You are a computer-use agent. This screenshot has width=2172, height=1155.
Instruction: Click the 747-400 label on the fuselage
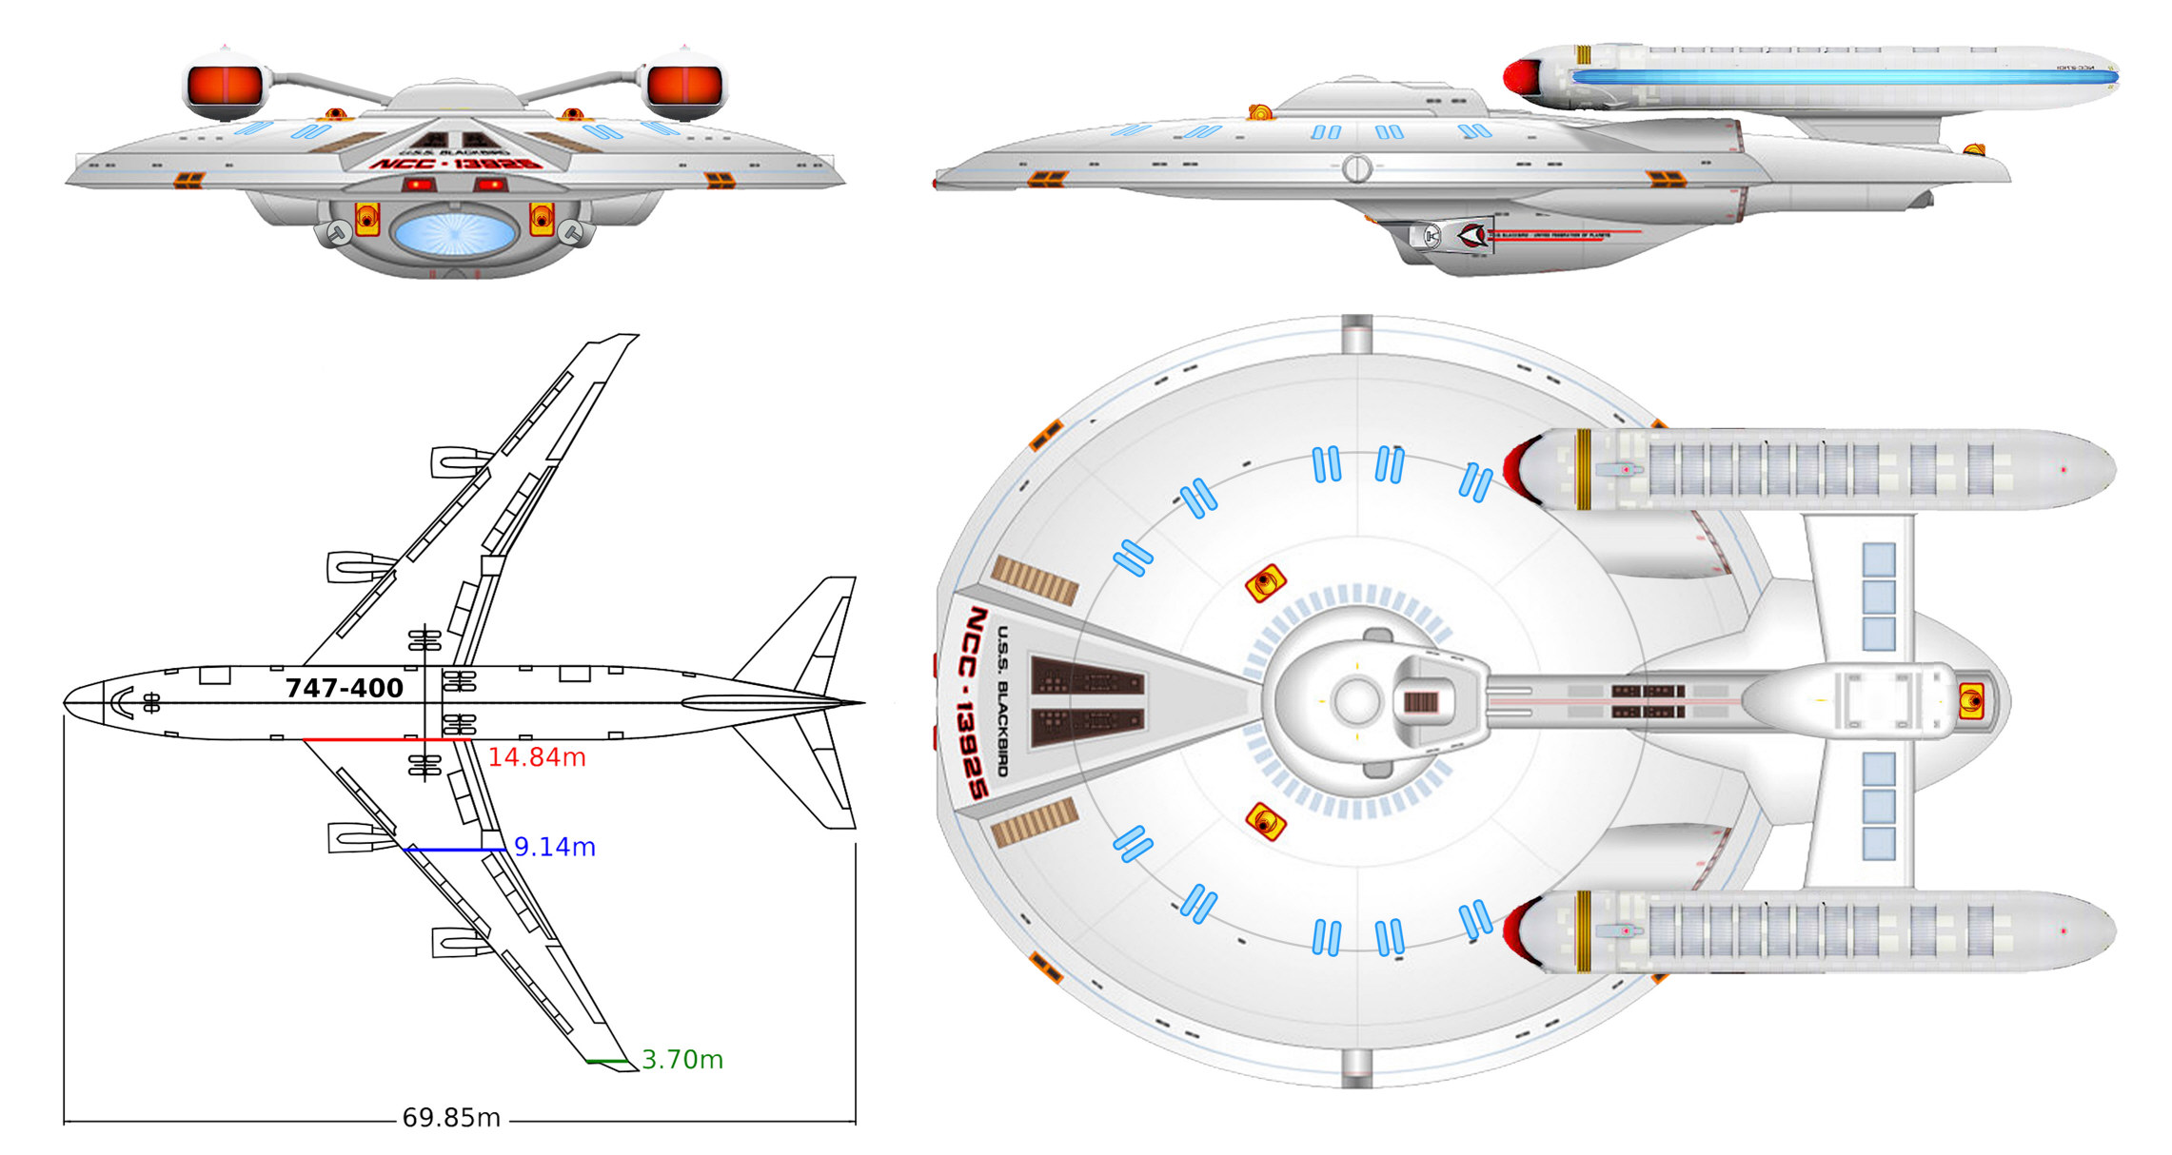point(344,688)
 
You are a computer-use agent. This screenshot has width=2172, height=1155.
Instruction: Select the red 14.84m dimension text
point(537,757)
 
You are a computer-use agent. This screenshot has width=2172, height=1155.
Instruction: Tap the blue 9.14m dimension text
point(554,847)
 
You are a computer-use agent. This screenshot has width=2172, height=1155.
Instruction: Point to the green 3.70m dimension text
point(681,1059)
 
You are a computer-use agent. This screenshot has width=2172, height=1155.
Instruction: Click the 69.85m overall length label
point(451,1118)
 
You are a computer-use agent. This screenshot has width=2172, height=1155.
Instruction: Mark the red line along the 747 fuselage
point(385,739)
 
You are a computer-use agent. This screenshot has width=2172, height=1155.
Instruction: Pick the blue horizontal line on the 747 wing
point(455,849)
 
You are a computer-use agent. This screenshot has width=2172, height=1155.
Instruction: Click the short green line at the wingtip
point(607,1061)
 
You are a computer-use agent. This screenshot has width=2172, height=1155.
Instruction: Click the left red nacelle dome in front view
point(225,86)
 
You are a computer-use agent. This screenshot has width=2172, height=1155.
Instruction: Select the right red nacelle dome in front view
point(684,86)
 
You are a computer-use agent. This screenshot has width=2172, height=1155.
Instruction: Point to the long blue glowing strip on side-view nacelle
point(1842,77)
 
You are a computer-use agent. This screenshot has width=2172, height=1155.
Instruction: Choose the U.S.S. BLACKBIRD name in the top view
point(1002,700)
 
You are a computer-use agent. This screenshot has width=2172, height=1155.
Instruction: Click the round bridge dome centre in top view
point(1356,701)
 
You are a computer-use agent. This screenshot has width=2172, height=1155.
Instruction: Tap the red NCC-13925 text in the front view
point(456,164)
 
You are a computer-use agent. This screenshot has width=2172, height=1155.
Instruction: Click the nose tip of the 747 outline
point(66,703)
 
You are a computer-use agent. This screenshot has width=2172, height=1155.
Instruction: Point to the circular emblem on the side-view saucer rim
point(1356,168)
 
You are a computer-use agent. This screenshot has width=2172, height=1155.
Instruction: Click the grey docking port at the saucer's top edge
point(1356,334)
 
